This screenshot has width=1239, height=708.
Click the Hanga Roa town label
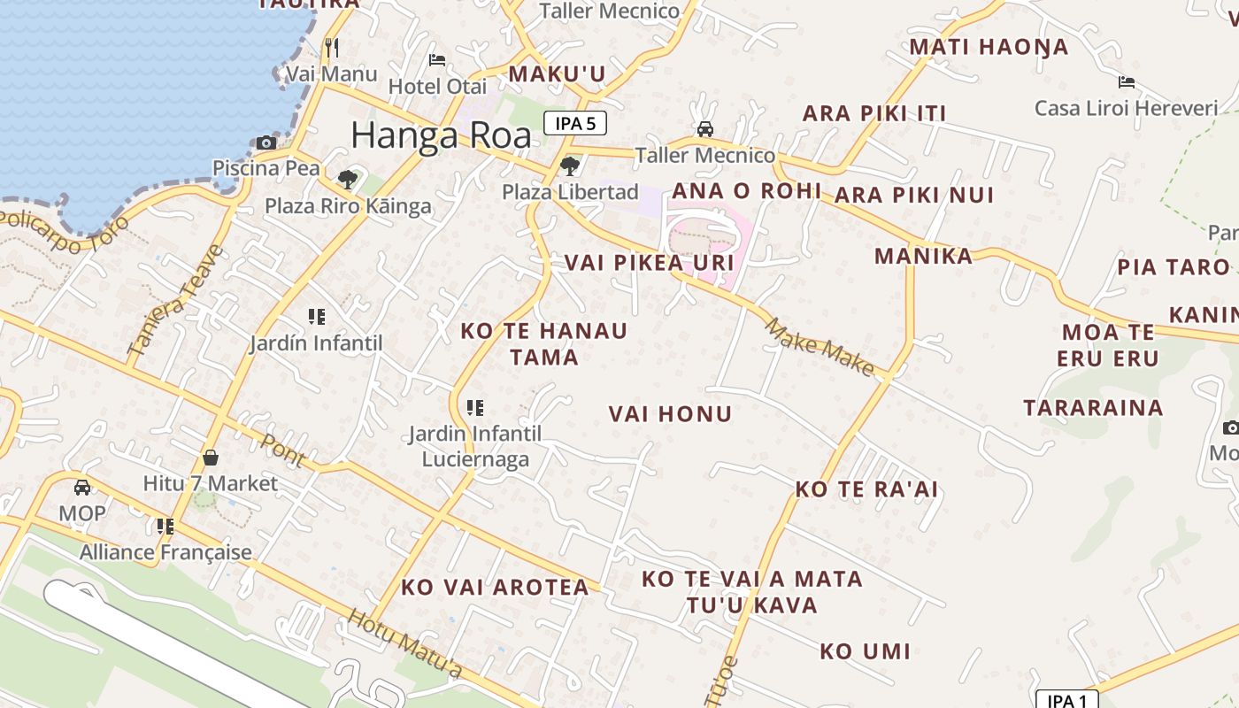click(441, 135)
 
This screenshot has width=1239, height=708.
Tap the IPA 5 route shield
click(575, 124)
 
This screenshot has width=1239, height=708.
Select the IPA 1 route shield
click(1066, 701)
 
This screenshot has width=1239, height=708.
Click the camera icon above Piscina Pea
click(266, 142)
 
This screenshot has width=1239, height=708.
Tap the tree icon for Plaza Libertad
click(570, 165)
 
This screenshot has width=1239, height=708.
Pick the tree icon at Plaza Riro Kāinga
click(348, 181)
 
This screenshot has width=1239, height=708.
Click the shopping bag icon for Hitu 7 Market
click(211, 458)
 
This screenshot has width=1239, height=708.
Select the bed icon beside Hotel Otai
click(437, 60)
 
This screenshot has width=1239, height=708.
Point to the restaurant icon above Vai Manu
click(332, 47)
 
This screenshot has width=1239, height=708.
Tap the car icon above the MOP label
click(82, 488)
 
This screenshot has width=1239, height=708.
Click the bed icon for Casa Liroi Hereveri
click(1126, 82)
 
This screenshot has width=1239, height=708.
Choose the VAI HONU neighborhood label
click(670, 414)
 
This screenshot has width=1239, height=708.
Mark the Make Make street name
click(819, 346)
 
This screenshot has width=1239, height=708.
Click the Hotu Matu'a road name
click(404, 643)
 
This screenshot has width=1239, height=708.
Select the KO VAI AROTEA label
click(495, 588)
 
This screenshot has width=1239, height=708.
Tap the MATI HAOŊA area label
click(989, 47)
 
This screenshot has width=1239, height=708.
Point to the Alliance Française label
click(165, 552)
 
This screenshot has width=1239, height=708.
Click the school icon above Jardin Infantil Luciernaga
click(475, 408)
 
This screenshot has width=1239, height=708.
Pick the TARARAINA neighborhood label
click(1093, 408)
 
